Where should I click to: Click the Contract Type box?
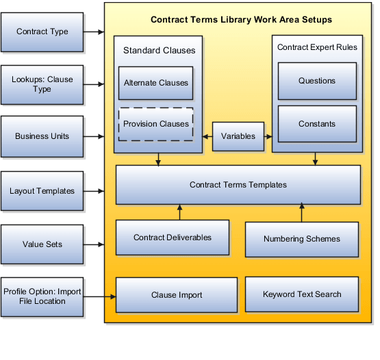pyautogui.click(x=42, y=31)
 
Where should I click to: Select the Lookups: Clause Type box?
pyautogui.click(x=42, y=85)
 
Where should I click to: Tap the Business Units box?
pyautogui.click(x=42, y=136)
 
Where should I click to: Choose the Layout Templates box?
pyautogui.click(x=42, y=191)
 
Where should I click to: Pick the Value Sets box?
pyautogui.click(x=42, y=243)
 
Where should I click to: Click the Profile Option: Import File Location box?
pyautogui.click(x=42, y=296)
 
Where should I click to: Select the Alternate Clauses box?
pyautogui.click(x=156, y=83)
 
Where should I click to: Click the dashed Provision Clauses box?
pyautogui.click(x=156, y=124)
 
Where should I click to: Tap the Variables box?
pyautogui.click(x=238, y=136)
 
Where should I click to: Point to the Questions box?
pyautogui.click(x=316, y=81)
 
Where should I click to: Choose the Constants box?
pyautogui.click(x=316, y=124)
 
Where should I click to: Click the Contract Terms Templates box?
pyautogui.click(x=238, y=185)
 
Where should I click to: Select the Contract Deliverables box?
pyautogui.click(x=172, y=237)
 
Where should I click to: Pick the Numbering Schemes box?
pyautogui.click(x=301, y=239)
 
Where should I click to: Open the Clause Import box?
pyautogui.click(x=177, y=295)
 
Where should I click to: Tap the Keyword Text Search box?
pyautogui.click(x=301, y=294)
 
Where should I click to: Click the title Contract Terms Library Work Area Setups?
pyautogui.click(x=242, y=20)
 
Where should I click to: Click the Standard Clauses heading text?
pyautogui.click(x=159, y=50)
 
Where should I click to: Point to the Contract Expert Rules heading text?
pyautogui.click(x=316, y=47)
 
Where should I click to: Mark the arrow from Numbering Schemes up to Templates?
pyautogui.click(x=301, y=213)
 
